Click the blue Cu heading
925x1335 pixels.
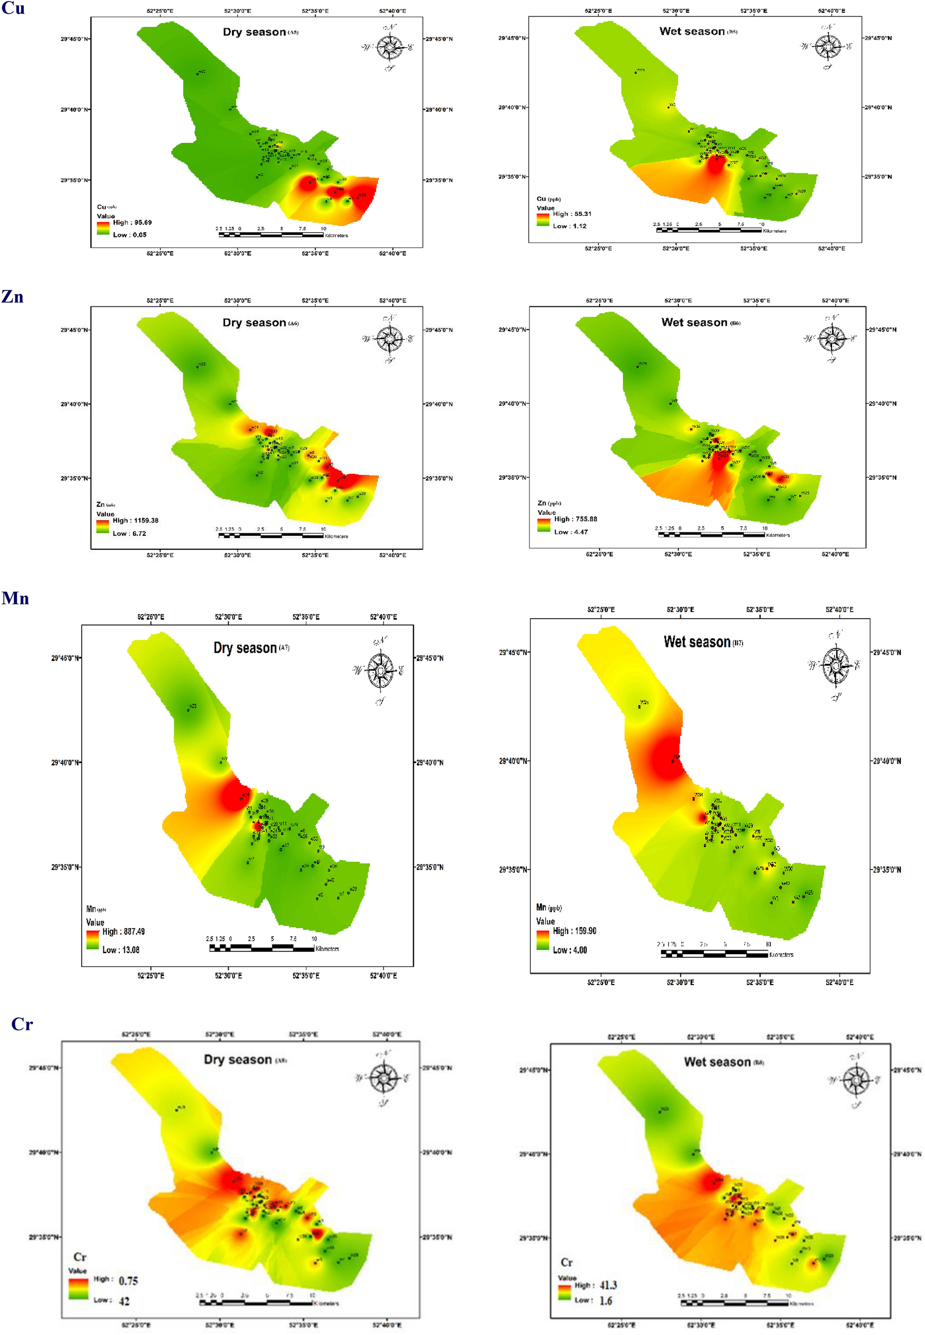point(13,8)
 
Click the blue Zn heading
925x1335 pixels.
point(12,296)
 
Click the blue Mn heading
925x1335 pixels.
point(15,598)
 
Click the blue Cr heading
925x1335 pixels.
point(22,1024)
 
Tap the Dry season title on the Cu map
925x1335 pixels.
point(254,32)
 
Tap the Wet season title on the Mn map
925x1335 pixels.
point(697,641)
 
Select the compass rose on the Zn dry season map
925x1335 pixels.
point(389,339)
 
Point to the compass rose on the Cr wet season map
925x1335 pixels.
point(856,1080)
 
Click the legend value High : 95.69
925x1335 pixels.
point(132,222)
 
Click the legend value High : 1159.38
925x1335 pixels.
point(135,521)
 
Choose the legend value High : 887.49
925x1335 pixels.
point(123,932)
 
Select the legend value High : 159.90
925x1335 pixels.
point(575,931)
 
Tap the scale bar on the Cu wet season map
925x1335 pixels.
point(708,230)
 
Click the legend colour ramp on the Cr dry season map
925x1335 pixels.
point(78,1289)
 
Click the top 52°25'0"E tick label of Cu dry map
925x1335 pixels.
point(160,11)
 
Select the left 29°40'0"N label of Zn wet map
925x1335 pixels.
point(512,403)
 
